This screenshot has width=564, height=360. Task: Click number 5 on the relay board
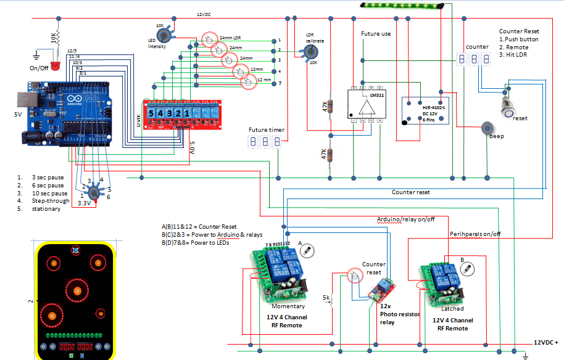coord(151,113)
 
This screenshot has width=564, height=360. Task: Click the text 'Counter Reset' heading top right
coord(519,31)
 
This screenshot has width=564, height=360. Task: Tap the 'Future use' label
coord(375,34)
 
